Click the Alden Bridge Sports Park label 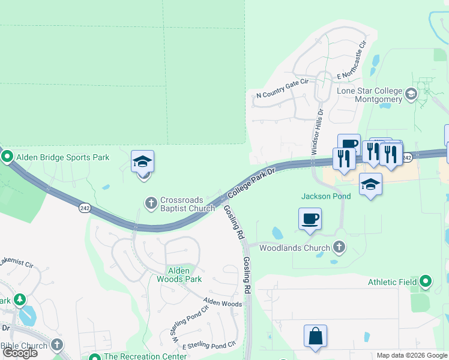pos(63,157)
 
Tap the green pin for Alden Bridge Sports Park pos(8,157)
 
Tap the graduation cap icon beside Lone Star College pos(411,94)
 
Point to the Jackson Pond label pos(325,196)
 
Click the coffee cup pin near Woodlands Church pos(310,218)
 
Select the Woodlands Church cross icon pos(339,247)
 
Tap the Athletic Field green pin pos(426,281)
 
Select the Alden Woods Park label pos(179,274)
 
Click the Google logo pos(20,352)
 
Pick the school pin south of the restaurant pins pos(370,185)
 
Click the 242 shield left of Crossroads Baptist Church pos(84,208)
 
